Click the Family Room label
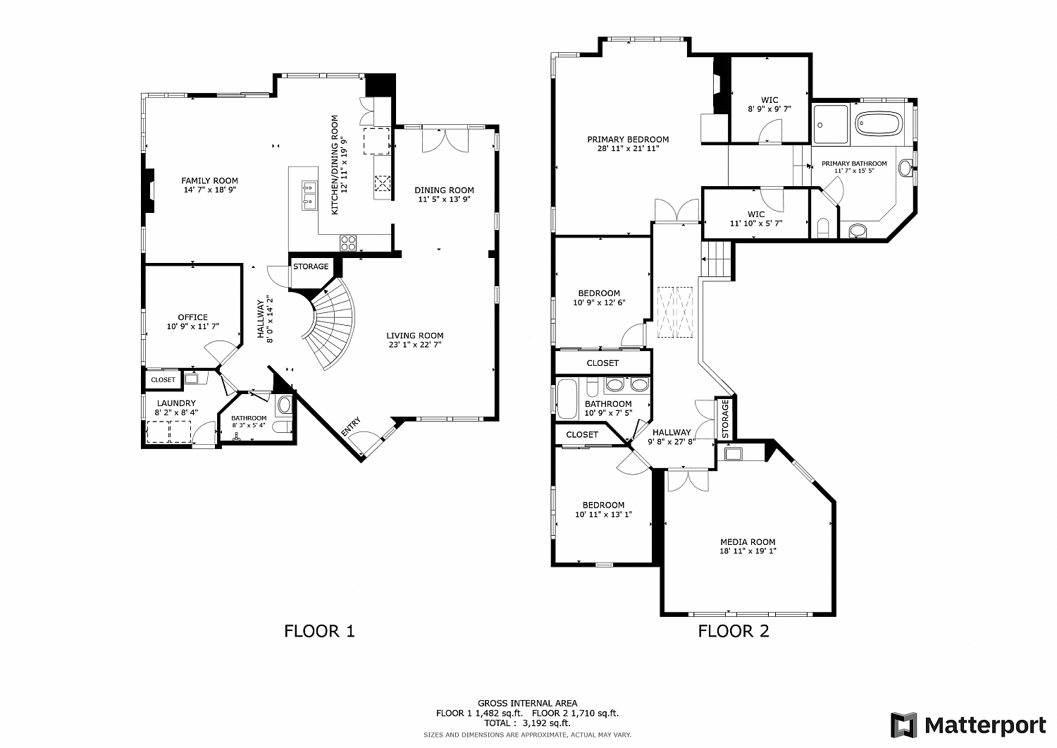(x=209, y=181)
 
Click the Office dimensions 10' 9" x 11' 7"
(x=192, y=326)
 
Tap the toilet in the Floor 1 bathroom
(x=283, y=405)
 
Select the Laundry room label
(x=176, y=403)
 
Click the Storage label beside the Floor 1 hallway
(x=311, y=266)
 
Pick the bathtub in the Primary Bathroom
(x=878, y=125)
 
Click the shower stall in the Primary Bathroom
(x=829, y=125)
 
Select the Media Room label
(x=748, y=542)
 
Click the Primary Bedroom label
(x=628, y=140)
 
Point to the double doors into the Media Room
(x=688, y=479)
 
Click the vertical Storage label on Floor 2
(x=725, y=419)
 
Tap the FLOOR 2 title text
(x=734, y=631)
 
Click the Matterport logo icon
(x=904, y=725)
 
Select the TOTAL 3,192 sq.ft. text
(x=527, y=723)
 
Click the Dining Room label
(x=444, y=190)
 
